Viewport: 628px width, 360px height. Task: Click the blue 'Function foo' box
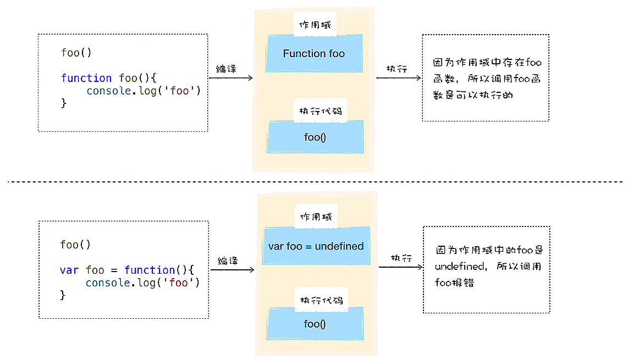click(x=314, y=53)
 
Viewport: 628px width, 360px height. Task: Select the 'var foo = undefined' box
click(x=316, y=246)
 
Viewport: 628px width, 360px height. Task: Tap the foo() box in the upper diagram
click(x=315, y=137)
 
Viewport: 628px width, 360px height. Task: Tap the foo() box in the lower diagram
click(x=315, y=324)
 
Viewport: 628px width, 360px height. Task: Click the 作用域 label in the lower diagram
click(x=316, y=217)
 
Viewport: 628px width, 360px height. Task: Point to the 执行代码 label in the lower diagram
click(x=321, y=300)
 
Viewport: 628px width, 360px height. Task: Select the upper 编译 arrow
click(x=231, y=78)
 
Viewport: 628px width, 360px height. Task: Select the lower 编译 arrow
click(x=232, y=270)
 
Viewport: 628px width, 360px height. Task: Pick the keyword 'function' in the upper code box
click(x=86, y=78)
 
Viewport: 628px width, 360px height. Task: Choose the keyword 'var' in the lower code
click(x=69, y=270)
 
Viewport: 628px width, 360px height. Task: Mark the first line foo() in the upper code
click(x=76, y=53)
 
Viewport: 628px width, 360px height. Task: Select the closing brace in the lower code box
click(x=63, y=295)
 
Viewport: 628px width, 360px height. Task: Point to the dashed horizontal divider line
click(x=314, y=181)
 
